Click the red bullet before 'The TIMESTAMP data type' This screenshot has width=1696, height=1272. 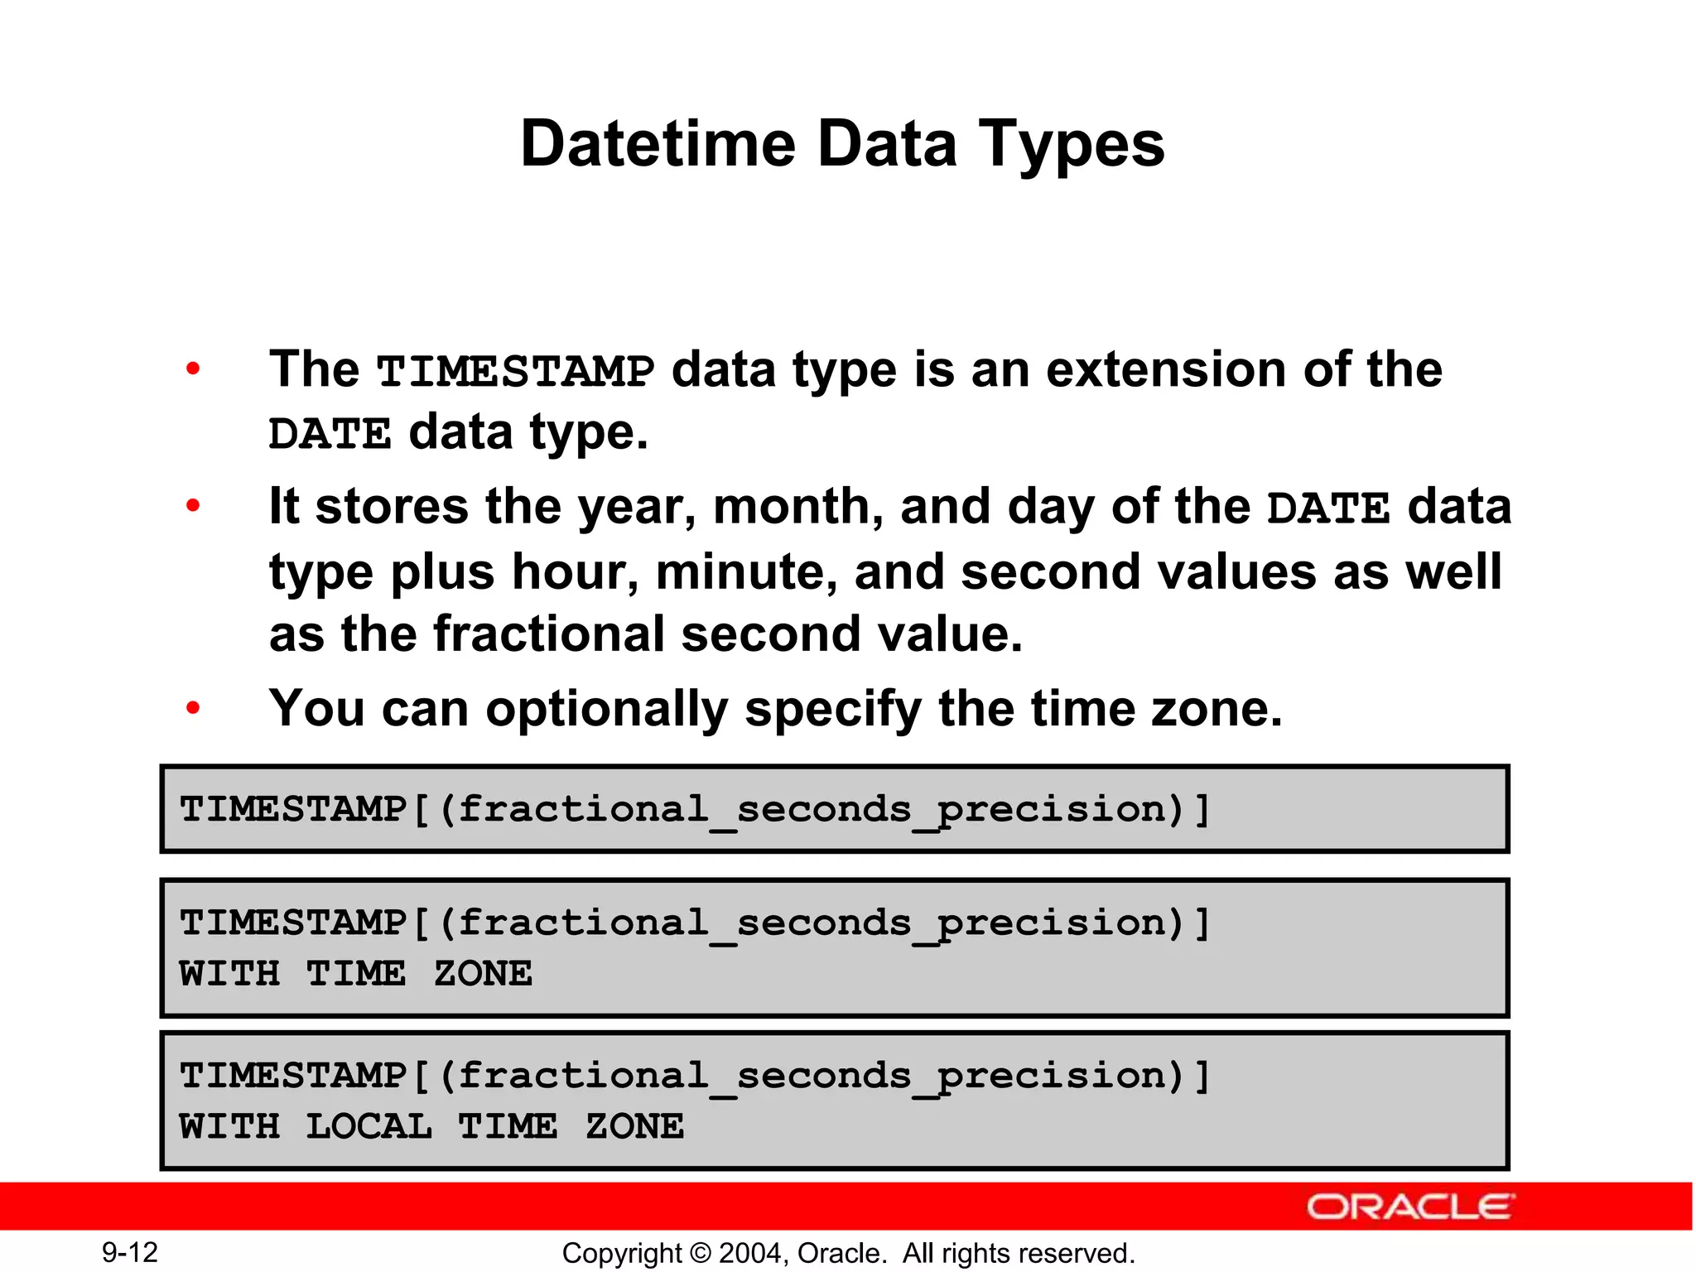[x=193, y=369]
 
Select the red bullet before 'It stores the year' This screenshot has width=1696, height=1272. [x=193, y=505]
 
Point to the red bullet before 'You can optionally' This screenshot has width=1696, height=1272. [x=193, y=708]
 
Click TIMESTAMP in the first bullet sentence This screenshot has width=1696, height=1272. [x=515, y=371]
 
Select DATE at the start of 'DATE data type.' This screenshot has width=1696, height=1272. [x=330, y=434]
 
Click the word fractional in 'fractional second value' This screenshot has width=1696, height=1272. [x=548, y=634]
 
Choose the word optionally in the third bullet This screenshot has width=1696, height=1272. [x=606, y=710]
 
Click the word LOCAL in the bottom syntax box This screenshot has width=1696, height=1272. [x=369, y=1126]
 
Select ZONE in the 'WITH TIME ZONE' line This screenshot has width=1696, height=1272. [x=483, y=974]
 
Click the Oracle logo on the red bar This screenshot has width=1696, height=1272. [x=1410, y=1207]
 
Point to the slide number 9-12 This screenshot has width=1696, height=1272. [x=130, y=1252]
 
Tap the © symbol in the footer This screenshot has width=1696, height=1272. [x=701, y=1253]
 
